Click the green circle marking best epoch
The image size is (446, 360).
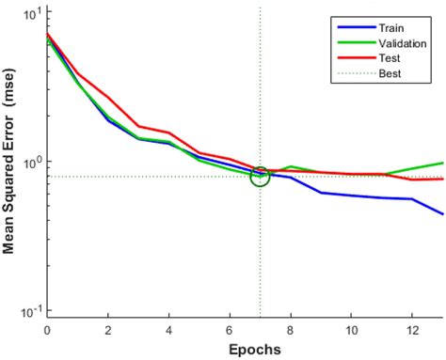click(260, 175)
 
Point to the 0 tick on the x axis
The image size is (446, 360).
click(47, 330)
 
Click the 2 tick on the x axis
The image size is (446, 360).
click(108, 330)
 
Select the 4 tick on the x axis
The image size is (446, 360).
click(169, 330)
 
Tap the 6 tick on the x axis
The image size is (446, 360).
click(230, 330)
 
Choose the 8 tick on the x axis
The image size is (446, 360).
click(291, 330)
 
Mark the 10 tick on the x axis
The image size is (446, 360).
click(351, 330)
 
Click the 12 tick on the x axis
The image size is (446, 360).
click(412, 330)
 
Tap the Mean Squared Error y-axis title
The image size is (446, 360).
click(10, 164)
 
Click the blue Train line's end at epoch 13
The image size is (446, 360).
click(442, 214)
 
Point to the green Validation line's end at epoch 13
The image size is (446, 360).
click(442, 163)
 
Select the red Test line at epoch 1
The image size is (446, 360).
click(77, 72)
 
